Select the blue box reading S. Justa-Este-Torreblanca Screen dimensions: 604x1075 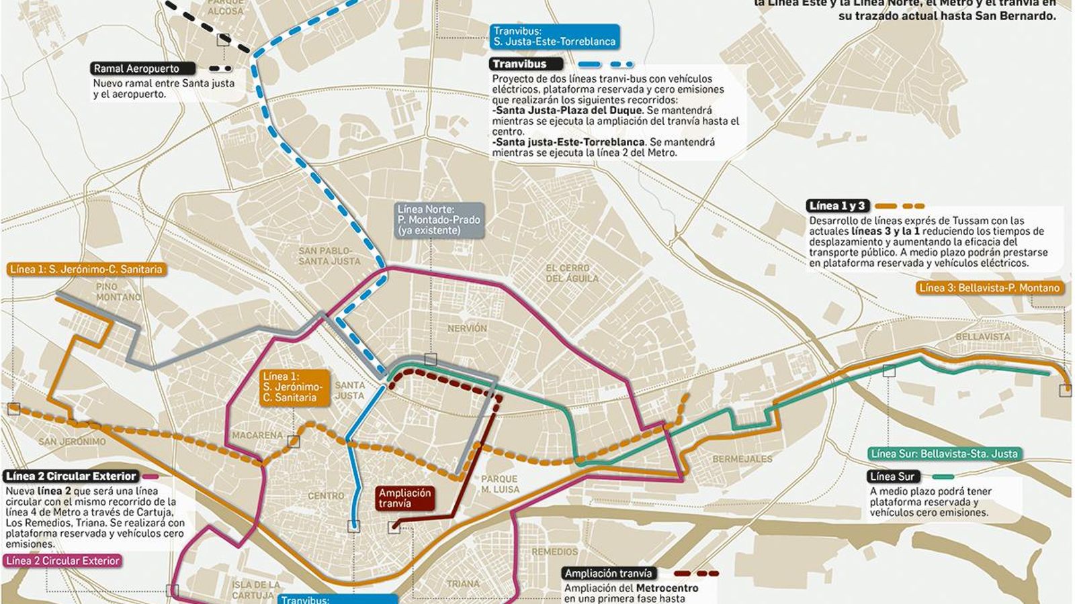(554, 36)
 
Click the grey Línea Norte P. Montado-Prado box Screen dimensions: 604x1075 (439, 220)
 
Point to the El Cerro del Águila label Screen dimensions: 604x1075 (568, 273)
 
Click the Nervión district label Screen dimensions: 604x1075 (467, 328)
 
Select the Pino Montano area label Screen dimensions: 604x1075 (118, 292)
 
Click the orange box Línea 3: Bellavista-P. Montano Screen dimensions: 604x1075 (988, 288)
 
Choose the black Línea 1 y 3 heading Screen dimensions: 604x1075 (838, 206)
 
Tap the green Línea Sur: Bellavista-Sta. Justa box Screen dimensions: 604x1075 (943, 454)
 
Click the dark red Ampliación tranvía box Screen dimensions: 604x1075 (404, 498)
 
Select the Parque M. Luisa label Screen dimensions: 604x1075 (500, 484)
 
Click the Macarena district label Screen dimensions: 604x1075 (257, 436)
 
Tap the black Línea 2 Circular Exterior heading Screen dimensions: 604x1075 (71, 476)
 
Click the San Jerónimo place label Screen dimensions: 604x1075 (72, 442)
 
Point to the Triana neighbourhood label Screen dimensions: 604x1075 (463, 584)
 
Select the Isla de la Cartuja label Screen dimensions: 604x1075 (255, 590)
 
